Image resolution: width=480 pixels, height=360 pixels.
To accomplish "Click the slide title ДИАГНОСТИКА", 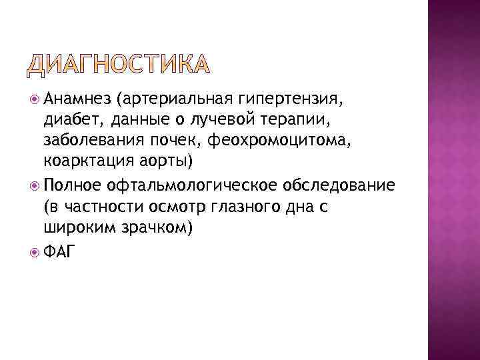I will (119, 64).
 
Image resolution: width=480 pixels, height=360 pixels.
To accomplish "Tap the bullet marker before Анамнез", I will (35, 101).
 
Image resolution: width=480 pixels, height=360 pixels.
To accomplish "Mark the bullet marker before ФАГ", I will (35, 250).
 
